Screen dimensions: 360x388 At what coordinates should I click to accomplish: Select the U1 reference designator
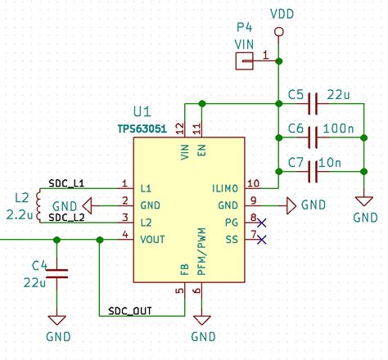(142, 111)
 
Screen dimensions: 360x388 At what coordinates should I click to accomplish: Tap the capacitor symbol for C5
(312, 104)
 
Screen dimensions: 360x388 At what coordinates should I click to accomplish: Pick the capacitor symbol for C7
(312, 172)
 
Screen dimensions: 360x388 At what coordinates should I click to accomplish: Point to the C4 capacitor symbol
(56, 275)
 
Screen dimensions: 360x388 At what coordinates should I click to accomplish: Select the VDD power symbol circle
(278, 32)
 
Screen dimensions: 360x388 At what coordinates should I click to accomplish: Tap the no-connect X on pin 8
(261, 220)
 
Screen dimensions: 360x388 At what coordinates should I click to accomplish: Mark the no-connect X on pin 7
(261, 239)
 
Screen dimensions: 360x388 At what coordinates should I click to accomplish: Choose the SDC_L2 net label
(66, 218)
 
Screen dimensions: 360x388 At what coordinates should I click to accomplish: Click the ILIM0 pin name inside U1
(225, 187)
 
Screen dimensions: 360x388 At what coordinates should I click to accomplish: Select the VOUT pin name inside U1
(156, 240)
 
